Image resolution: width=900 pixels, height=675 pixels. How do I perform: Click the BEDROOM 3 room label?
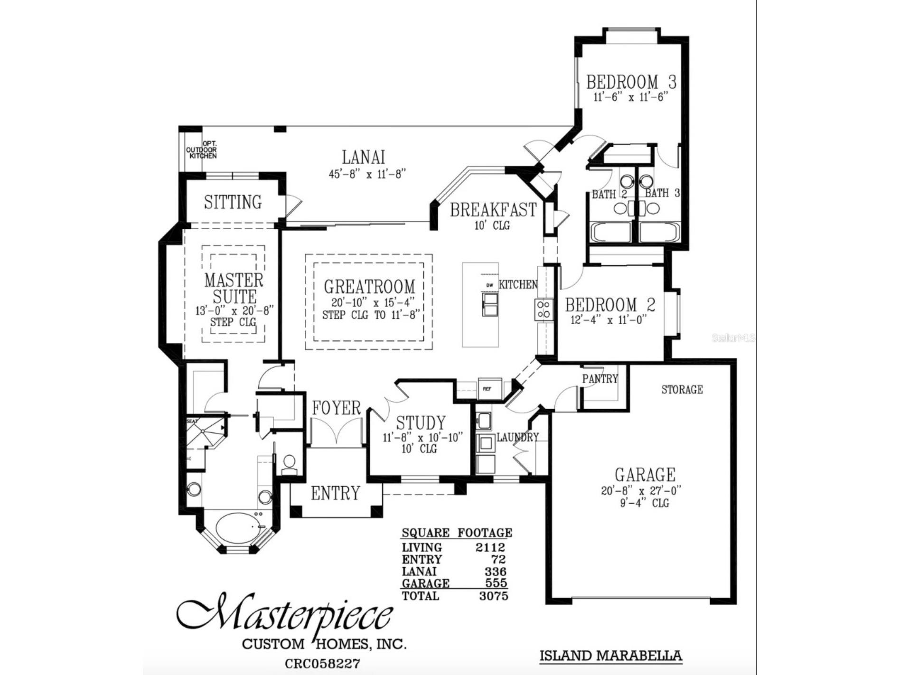click(x=631, y=82)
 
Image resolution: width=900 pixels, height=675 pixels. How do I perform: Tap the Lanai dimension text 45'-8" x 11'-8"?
click(x=367, y=174)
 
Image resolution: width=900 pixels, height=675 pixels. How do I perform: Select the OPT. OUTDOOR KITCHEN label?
click(x=202, y=150)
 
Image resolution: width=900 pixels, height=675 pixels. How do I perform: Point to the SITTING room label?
click(x=233, y=202)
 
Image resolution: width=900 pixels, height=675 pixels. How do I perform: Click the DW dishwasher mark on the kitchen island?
click(x=489, y=285)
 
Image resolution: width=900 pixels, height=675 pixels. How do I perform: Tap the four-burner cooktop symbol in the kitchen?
click(x=544, y=309)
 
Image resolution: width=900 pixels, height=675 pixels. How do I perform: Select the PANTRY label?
click(x=600, y=379)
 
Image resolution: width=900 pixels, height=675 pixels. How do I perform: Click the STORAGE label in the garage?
click(x=682, y=390)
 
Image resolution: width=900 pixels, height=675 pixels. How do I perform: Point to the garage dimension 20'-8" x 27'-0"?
click(x=644, y=491)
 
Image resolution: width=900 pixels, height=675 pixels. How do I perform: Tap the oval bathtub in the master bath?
click(x=239, y=530)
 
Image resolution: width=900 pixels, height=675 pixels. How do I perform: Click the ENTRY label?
click(x=335, y=494)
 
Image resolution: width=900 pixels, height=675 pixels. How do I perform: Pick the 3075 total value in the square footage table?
click(x=493, y=596)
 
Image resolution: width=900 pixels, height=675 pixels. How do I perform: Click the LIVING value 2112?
click(x=490, y=547)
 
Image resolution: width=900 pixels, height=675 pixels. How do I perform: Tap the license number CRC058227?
click(x=322, y=663)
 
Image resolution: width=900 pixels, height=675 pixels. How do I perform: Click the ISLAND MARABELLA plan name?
click(x=610, y=656)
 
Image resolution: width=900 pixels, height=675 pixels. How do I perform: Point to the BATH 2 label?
click(x=609, y=194)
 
